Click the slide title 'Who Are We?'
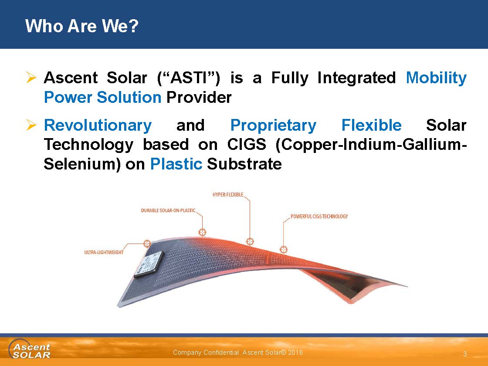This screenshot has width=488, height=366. pyautogui.click(x=82, y=26)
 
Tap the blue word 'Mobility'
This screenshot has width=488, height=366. pyautogui.click(x=436, y=78)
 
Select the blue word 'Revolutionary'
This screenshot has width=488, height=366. pyautogui.click(x=98, y=125)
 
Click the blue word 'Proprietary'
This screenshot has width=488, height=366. pyautogui.click(x=273, y=125)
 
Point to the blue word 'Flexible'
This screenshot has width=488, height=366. pyautogui.click(x=371, y=125)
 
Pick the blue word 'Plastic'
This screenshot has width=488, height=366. pyautogui.click(x=176, y=164)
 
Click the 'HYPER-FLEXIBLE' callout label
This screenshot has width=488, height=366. pyautogui.click(x=228, y=194)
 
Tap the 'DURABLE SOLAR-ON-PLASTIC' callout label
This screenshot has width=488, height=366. pyautogui.click(x=168, y=210)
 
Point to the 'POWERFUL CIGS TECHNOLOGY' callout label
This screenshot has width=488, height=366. pyautogui.click(x=319, y=217)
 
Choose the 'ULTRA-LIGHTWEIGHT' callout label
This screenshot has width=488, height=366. pyautogui.click(x=104, y=252)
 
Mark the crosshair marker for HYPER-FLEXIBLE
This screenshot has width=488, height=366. pyautogui.click(x=250, y=241)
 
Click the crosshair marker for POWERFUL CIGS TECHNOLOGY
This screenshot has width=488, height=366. pyautogui.click(x=284, y=250)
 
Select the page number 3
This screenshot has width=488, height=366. pyautogui.click(x=465, y=353)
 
